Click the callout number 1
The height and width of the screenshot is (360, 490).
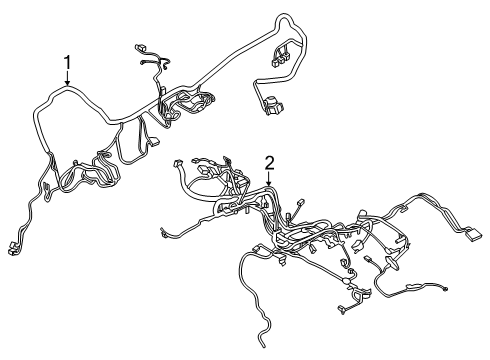pos(68,62)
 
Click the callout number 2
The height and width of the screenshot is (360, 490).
pos(269,163)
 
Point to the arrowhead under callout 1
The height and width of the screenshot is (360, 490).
pos(68,83)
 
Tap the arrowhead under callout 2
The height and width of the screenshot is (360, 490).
pos(269,183)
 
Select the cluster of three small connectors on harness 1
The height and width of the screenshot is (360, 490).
pos(280,59)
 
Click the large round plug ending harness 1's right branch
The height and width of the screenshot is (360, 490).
pos(273,105)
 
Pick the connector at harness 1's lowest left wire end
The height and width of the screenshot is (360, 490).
pos(12,249)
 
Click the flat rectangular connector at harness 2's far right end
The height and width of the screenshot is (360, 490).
pos(473,234)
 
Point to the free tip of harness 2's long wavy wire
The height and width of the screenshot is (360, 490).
pos(263,345)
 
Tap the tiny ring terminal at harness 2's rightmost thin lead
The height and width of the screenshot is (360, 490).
pos(446,289)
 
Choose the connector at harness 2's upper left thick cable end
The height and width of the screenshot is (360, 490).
pos(177,164)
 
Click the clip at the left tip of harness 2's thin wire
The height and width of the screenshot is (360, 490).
pos(163,233)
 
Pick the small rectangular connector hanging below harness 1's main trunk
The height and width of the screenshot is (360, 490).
pos(154,142)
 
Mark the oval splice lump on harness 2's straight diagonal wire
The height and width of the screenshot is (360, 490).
pos(347,281)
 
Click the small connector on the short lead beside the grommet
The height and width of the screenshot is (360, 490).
pos(368,258)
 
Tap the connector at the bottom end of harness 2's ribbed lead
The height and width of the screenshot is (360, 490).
pos(341,309)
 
